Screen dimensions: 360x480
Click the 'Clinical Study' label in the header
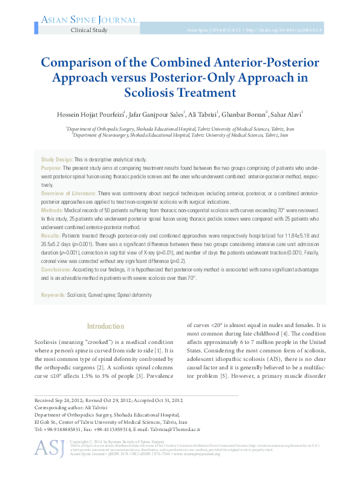click(90, 30)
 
